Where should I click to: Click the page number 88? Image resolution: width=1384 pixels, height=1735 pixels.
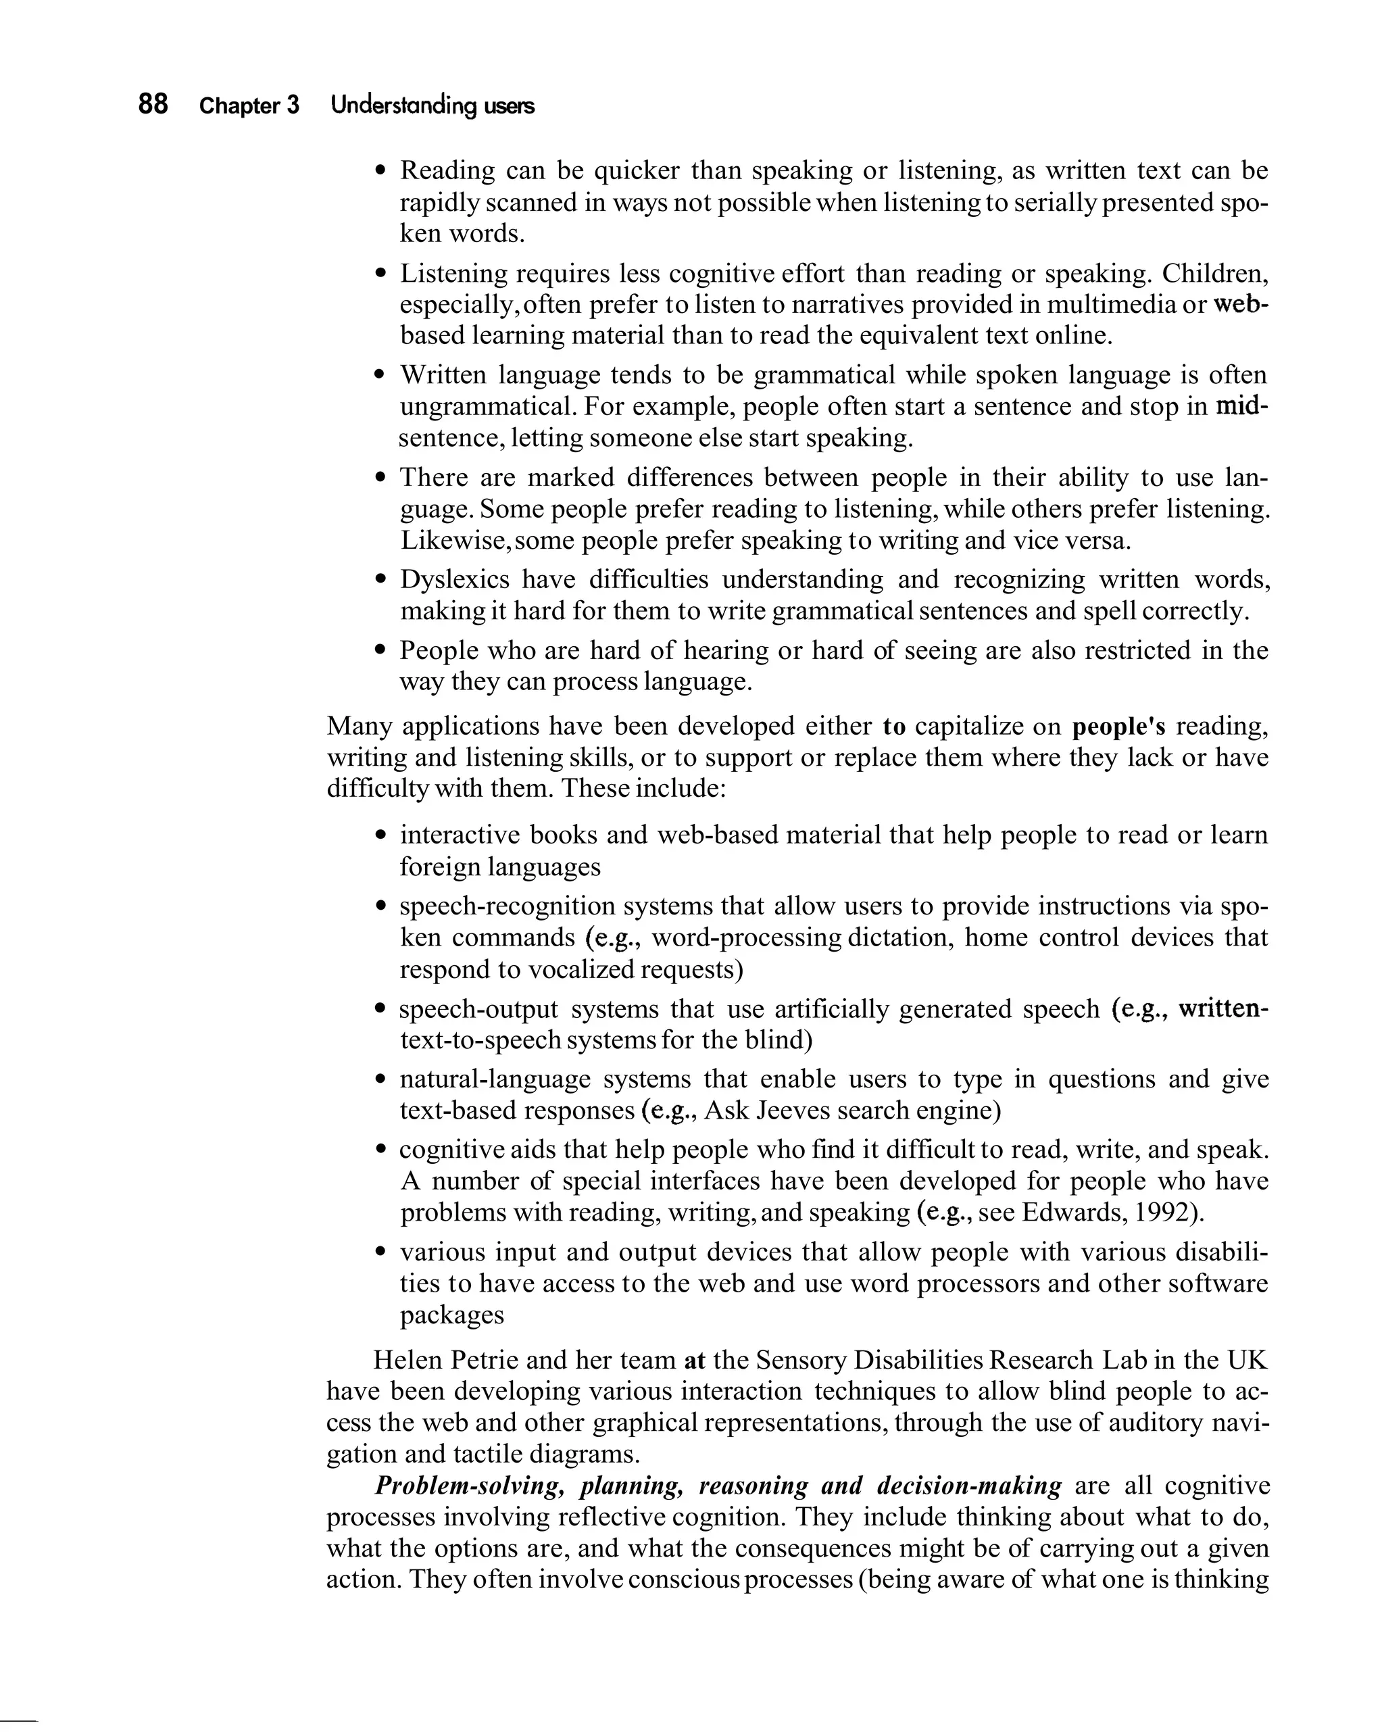153,104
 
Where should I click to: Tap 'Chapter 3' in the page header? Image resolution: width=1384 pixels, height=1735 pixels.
249,105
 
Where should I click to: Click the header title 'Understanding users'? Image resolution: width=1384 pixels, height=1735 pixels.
432,105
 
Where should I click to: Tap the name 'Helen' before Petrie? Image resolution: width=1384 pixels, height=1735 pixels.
406,1361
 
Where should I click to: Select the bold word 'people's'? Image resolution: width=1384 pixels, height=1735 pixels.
1118,727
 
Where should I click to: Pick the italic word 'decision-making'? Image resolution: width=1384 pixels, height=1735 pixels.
969,1486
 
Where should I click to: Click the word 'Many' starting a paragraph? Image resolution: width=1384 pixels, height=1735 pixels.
359,726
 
